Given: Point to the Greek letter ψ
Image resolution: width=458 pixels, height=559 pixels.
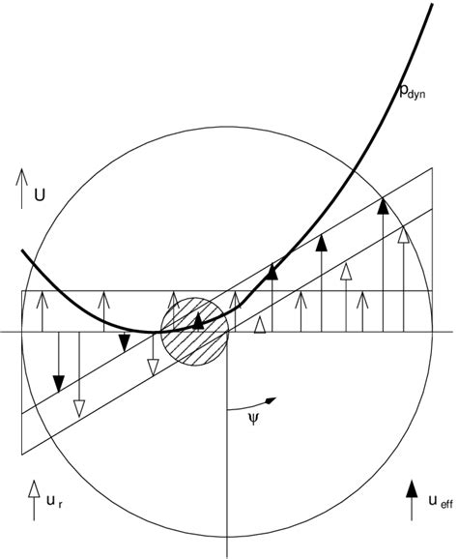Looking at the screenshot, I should (254, 422).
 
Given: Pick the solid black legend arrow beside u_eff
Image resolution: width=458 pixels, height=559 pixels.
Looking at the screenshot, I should (411, 498).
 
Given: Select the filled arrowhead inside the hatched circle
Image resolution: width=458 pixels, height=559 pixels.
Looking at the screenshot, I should (198, 319).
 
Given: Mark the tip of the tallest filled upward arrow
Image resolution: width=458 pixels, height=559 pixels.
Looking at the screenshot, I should (384, 204).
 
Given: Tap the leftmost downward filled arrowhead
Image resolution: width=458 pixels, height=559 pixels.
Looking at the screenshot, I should (58, 384).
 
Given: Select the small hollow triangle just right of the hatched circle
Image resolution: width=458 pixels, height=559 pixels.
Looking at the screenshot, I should (259, 328).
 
